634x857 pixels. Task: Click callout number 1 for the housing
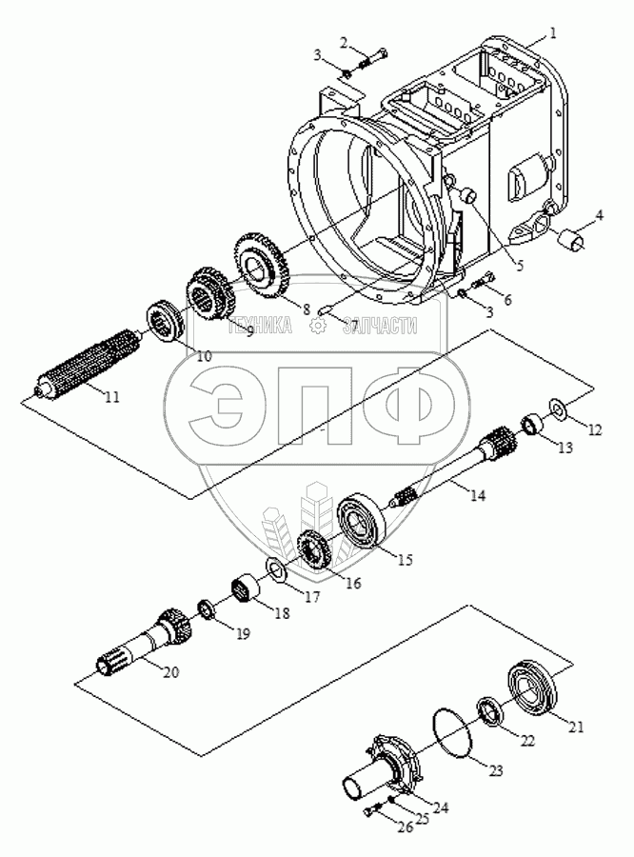click(x=552, y=34)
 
